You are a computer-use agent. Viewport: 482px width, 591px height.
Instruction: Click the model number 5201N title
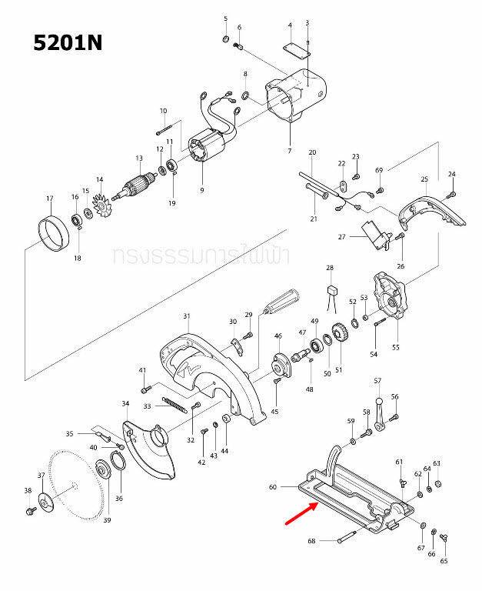(x=68, y=42)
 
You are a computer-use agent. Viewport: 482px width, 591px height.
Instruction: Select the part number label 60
(x=272, y=487)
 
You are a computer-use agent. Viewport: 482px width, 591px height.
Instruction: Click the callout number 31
(x=186, y=316)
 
